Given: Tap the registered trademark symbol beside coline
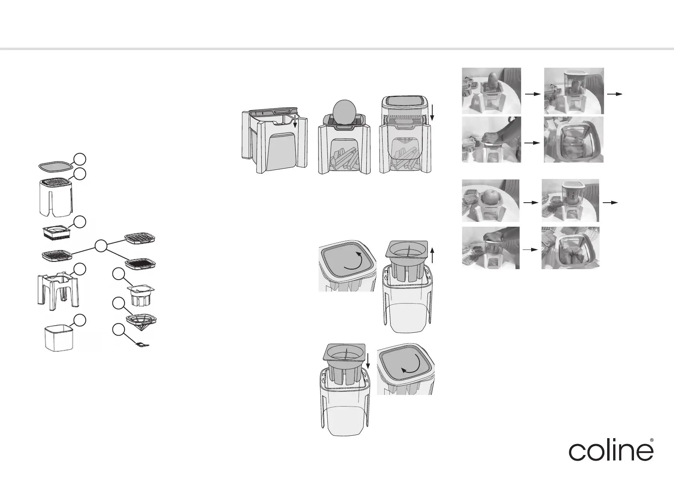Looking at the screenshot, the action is click(x=652, y=440).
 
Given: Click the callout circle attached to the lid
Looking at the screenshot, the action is click(x=80, y=159).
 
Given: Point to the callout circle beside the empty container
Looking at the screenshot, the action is click(x=80, y=320).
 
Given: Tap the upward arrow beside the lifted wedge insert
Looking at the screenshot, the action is click(x=433, y=256).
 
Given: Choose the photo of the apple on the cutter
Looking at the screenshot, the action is click(x=490, y=201).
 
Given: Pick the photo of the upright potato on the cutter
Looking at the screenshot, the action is click(x=491, y=91).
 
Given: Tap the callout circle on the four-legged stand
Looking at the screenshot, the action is click(x=80, y=269).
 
